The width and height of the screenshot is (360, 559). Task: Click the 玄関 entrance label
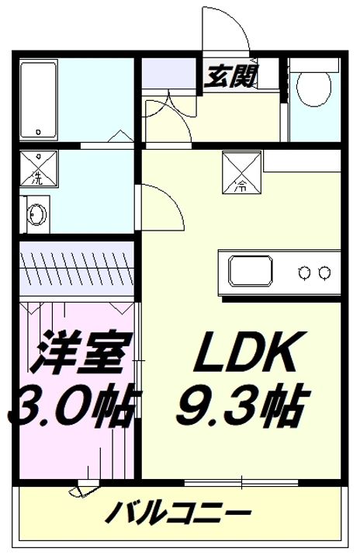[x=232, y=76]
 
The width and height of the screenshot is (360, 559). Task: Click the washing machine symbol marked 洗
[x=36, y=169]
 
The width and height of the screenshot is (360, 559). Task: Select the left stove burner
[x=306, y=272]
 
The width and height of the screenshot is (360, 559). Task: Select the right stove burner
[x=326, y=272]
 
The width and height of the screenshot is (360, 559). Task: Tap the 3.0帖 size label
[x=74, y=404]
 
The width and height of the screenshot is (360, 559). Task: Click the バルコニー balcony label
[x=178, y=515]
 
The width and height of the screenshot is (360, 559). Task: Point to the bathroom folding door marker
[x=116, y=137]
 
